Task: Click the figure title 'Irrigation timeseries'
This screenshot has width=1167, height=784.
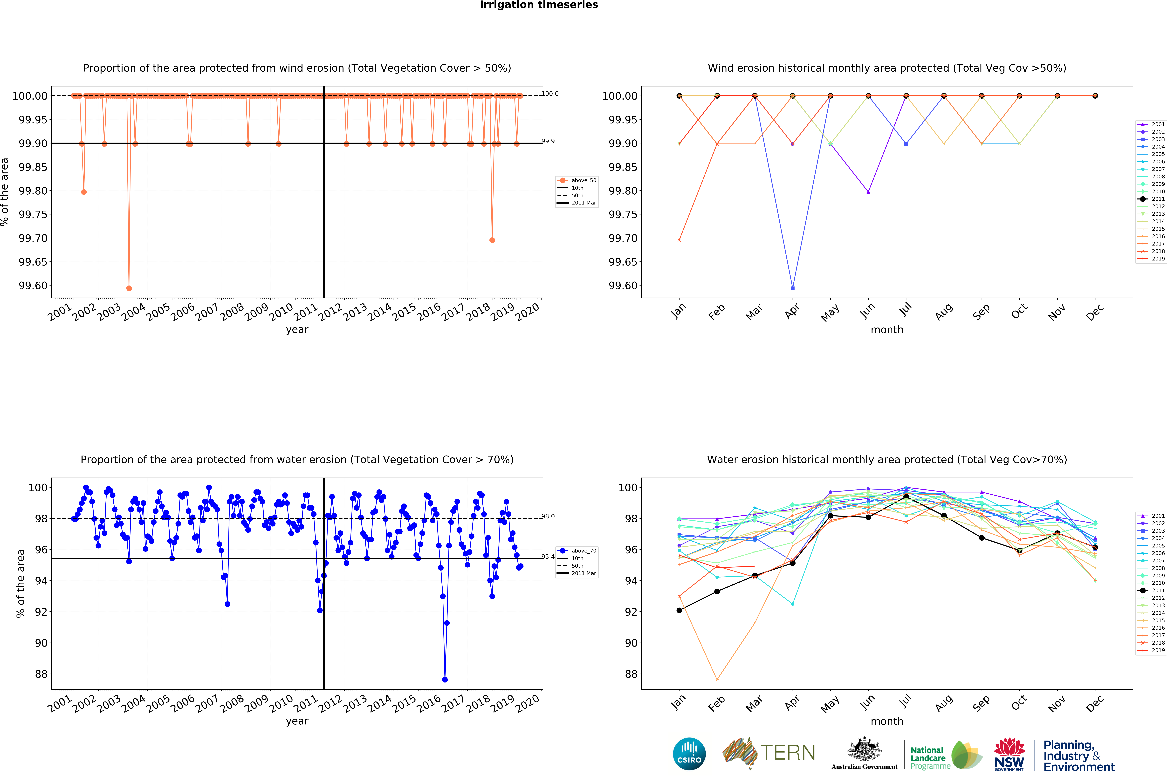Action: (538, 5)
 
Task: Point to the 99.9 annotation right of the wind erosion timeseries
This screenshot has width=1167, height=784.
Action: (549, 141)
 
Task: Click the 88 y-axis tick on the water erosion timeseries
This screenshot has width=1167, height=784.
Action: (41, 674)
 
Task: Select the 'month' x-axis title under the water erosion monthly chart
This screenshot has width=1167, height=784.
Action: (886, 721)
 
